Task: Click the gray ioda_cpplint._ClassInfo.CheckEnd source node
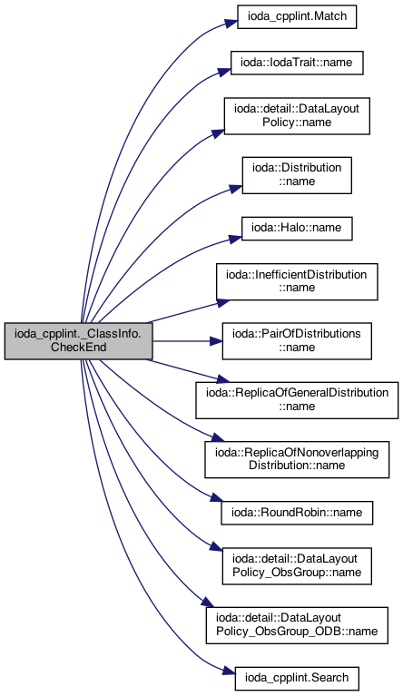click(x=79, y=341)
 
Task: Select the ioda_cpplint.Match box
click(x=297, y=17)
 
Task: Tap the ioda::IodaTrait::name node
click(x=297, y=63)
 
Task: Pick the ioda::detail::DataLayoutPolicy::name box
click(x=297, y=116)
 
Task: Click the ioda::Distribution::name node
click(x=297, y=175)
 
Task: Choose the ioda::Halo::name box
click(x=297, y=228)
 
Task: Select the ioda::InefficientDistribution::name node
click(x=297, y=281)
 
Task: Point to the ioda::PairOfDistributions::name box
click(x=297, y=341)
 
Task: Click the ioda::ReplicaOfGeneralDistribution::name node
click(x=297, y=400)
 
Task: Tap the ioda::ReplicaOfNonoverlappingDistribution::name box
click(x=297, y=459)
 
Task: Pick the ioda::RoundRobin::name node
click(x=297, y=513)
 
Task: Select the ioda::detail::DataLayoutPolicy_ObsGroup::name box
click(x=297, y=566)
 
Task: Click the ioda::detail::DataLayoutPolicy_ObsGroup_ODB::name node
click(x=297, y=625)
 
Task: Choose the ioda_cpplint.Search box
click(x=297, y=678)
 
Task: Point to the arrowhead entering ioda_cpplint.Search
click(x=229, y=673)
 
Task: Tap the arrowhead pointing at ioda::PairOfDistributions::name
click(x=216, y=341)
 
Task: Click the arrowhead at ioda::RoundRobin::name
click(x=216, y=499)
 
